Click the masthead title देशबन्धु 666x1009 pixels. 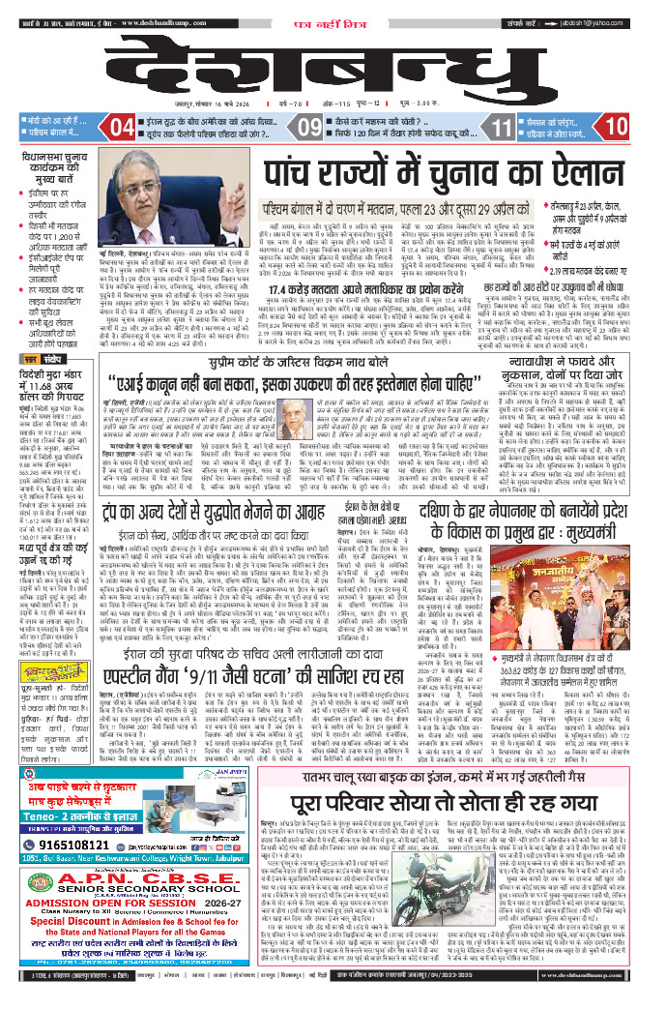333,65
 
